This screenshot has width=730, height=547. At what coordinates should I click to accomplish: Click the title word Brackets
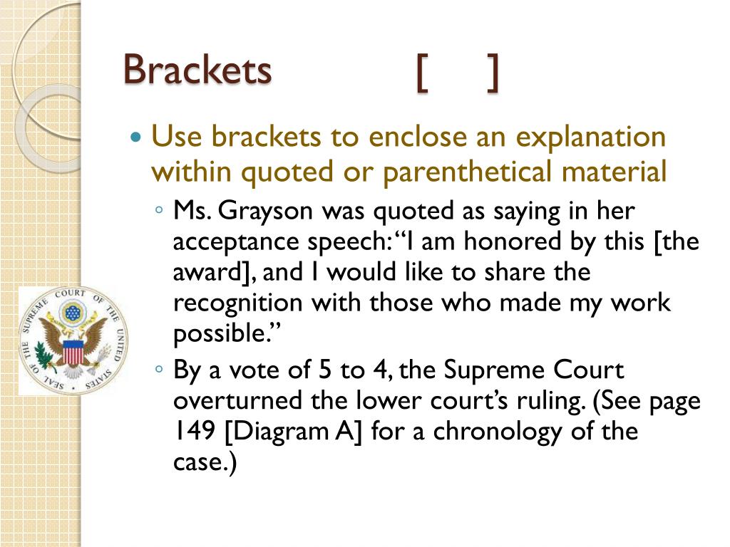pos(197,70)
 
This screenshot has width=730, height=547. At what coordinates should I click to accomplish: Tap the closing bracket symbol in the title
pos(492,73)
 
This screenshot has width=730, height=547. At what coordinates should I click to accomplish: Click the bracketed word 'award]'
pos(210,273)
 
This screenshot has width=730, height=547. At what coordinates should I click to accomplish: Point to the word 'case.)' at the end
pos(204,463)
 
